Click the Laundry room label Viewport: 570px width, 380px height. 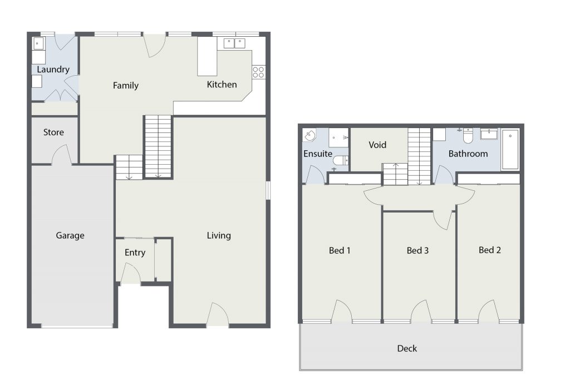click(x=53, y=70)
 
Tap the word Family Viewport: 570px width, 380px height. click(x=126, y=85)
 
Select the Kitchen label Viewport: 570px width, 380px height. click(x=222, y=84)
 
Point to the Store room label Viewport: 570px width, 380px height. click(x=53, y=132)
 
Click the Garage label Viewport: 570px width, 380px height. click(x=70, y=235)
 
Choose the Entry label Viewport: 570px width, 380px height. click(x=135, y=253)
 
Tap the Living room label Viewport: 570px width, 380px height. click(x=219, y=235)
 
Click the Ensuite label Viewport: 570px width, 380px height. click(x=318, y=154)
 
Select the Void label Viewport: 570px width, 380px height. click(x=377, y=145)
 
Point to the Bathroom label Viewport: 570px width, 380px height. click(x=468, y=154)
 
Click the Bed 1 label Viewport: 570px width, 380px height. click(x=340, y=250)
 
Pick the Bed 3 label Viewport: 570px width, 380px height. click(x=417, y=250)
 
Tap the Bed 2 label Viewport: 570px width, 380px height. click(x=490, y=250)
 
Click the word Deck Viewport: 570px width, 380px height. click(x=407, y=348)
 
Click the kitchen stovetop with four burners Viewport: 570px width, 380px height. click(x=258, y=72)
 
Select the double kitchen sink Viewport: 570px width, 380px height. click(x=234, y=43)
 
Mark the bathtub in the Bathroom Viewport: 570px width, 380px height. click(x=510, y=149)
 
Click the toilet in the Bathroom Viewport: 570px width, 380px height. click(x=468, y=136)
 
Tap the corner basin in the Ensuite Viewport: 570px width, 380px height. click(x=309, y=136)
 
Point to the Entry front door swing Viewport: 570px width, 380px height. click(x=130, y=273)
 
